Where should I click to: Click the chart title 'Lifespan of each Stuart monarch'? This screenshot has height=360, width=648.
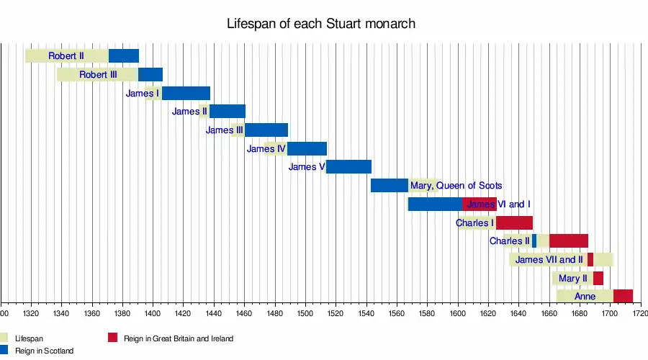321,24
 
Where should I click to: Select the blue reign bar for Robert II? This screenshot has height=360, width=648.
123,55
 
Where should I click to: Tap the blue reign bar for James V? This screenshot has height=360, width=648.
348,167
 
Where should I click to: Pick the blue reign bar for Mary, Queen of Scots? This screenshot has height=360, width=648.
389,186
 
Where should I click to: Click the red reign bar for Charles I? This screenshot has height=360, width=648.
514,223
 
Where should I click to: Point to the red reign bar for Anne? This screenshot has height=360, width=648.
623,296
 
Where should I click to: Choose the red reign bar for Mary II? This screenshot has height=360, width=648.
598,279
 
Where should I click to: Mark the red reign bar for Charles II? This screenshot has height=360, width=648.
568,241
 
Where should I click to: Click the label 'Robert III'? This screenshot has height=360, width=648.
98,74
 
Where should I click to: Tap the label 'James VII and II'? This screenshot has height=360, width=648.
549,260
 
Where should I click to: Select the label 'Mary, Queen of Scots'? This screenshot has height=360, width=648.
456,186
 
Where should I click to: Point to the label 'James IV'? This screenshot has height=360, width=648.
266,149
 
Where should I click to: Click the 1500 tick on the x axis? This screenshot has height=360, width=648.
305,313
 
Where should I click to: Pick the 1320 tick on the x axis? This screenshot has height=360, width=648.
31,313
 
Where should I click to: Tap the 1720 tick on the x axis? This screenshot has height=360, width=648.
639,313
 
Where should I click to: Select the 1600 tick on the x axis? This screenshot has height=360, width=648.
458,313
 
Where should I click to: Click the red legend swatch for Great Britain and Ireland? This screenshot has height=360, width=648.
112,338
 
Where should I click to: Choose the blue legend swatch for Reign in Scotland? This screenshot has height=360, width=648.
5,350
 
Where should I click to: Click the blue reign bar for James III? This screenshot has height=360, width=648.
266,130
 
